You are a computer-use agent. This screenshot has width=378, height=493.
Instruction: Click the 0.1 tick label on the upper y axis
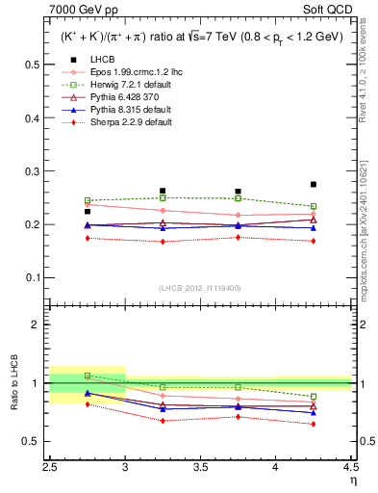(x=33, y=278)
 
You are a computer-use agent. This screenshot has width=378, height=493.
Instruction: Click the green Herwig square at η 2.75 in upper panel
(x=88, y=200)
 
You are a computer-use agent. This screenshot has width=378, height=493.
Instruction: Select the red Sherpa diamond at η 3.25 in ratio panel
(x=163, y=421)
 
